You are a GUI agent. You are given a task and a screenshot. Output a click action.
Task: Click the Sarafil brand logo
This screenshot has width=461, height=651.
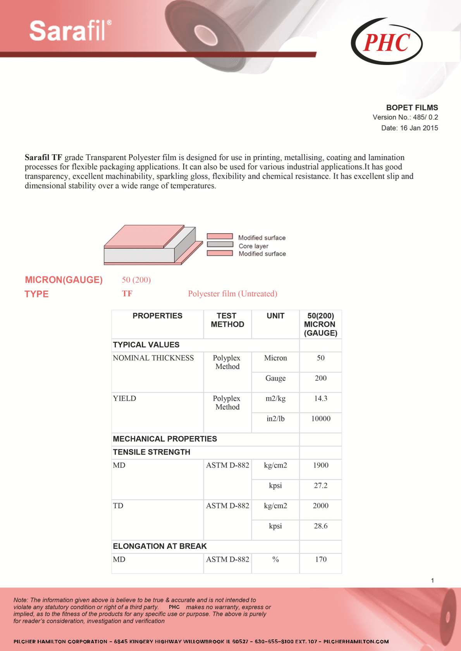[x=70, y=31]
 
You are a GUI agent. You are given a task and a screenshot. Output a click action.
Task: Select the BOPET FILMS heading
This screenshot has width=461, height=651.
[x=412, y=108]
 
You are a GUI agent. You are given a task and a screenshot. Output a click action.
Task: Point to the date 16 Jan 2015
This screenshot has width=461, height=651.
[x=419, y=128]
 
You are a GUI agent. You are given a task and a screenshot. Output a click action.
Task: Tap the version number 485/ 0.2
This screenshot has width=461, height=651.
[x=425, y=117]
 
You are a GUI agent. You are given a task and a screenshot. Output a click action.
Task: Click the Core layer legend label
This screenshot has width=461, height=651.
[x=253, y=246]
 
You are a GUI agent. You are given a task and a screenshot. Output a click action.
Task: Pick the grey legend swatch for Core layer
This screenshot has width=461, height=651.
[x=220, y=244]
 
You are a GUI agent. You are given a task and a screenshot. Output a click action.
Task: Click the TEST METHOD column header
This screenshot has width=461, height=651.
[x=227, y=320]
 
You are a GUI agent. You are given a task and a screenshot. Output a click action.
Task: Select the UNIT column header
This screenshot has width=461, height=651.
[x=275, y=316]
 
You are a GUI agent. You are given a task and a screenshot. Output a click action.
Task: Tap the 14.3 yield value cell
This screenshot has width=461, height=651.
[x=321, y=398]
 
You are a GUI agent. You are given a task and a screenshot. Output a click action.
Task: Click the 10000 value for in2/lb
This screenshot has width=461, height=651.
[x=321, y=419]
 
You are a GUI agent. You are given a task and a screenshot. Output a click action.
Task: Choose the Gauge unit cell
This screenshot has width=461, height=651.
[x=275, y=378]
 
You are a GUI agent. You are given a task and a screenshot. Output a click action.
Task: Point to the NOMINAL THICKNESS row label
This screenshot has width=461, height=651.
[x=153, y=358]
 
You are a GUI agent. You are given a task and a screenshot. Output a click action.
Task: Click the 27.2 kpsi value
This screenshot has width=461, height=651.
[x=321, y=485]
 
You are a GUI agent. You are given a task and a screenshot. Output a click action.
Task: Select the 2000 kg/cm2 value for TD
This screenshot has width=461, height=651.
[x=321, y=506]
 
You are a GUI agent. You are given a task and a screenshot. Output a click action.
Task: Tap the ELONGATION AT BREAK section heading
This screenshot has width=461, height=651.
[x=160, y=546]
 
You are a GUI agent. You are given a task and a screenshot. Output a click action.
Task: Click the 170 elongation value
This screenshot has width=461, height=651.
[x=321, y=559]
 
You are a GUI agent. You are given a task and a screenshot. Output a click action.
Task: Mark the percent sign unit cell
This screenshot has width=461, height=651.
[x=275, y=559]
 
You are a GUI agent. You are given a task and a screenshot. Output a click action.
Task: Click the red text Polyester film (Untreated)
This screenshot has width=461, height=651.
[x=232, y=294]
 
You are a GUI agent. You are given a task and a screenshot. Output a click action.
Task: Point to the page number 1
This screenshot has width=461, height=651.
[x=432, y=580]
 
